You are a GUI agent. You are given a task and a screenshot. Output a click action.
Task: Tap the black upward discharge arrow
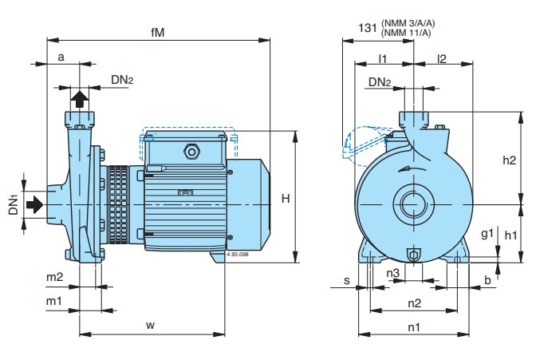tap(80, 99)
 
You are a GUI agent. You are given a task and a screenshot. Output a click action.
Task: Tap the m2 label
tap(53, 277)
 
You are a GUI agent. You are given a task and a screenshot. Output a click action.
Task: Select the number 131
tap(368, 27)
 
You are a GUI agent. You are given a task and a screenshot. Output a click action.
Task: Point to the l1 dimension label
tap(383, 59)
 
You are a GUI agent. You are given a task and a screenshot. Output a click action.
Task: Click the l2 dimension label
tap(441, 59)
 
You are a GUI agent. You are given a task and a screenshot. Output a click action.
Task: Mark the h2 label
tap(510, 160)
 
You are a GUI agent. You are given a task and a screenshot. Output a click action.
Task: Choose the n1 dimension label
tap(414, 326)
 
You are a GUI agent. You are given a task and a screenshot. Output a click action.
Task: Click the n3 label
tap(393, 274)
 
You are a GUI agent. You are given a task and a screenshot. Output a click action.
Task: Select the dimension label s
tap(347, 280)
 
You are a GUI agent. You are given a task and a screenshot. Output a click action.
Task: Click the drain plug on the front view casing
tap(414, 254)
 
